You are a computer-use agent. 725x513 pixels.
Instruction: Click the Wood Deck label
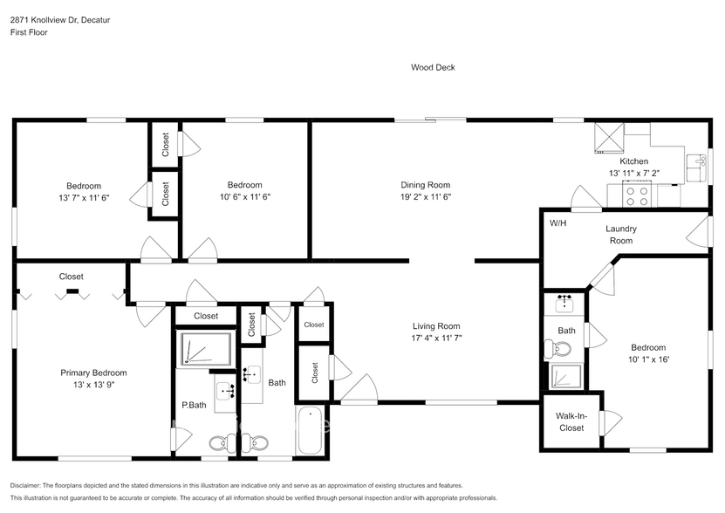[433, 67]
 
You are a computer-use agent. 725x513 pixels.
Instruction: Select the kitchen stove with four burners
[635, 196]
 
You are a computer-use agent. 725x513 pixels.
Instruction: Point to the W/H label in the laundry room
[557, 223]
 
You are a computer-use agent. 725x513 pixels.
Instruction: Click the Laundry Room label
[621, 235]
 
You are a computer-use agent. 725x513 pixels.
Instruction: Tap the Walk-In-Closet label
[571, 422]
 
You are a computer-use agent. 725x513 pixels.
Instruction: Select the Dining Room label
[425, 185]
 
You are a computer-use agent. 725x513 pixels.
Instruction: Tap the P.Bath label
[193, 406]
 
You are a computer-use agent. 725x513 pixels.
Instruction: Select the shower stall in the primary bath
[205, 349]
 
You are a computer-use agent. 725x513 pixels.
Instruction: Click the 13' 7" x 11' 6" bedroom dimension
[84, 197]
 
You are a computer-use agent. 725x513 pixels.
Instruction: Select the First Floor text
[29, 32]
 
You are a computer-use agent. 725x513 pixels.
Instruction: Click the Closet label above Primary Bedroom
[72, 277]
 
